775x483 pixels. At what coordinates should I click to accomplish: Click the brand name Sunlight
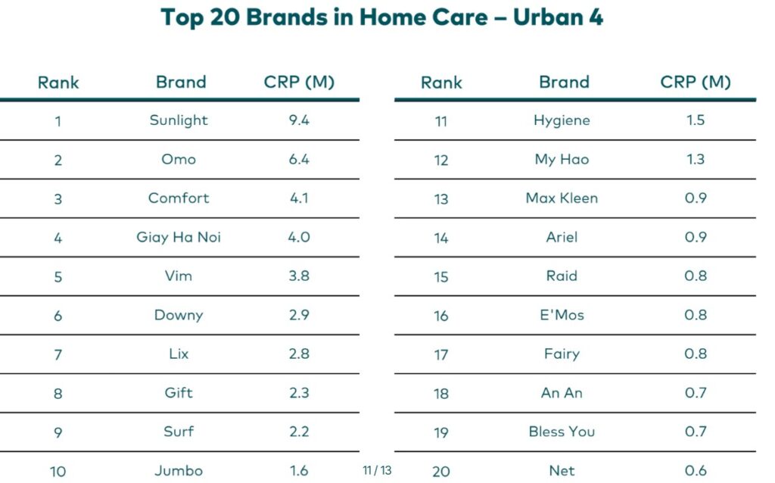click(179, 120)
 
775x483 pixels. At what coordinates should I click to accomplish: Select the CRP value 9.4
click(299, 120)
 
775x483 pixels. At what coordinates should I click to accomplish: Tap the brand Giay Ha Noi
click(179, 237)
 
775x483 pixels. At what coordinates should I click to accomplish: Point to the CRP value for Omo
click(299, 159)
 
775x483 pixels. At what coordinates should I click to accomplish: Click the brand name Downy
click(179, 315)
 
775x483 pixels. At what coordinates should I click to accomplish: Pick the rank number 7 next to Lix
click(58, 354)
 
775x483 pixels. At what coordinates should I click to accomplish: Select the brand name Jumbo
click(179, 471)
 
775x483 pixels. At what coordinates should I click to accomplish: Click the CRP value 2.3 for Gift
click(299, 393)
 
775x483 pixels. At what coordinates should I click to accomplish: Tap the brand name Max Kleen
click(562, 198)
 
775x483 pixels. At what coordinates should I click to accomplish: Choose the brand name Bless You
click(562, 432)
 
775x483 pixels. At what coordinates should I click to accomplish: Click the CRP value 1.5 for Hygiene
click(695, 120)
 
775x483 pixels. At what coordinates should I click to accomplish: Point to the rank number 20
click(441, 472)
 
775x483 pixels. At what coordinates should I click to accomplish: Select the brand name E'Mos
click(562, 315)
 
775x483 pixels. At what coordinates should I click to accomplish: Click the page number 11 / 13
click(377, 470)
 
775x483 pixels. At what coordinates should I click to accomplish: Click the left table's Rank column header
click(58, 82)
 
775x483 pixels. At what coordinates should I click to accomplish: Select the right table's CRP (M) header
click(695, 82)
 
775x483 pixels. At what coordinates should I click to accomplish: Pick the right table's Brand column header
click(564, 82)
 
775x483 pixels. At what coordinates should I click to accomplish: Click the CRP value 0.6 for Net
click(695, 471)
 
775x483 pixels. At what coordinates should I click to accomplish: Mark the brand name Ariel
click(562, 237)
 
